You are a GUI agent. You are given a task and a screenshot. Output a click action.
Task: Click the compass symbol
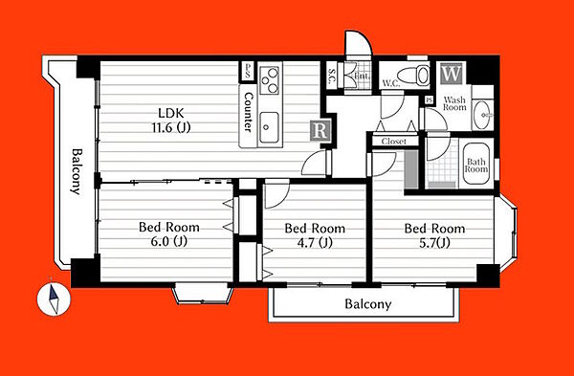(x=54, y=299)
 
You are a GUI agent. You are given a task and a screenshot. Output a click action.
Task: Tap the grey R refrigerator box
(x=320, y=130)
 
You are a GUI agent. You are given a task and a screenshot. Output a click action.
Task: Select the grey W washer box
(x=451, y=75)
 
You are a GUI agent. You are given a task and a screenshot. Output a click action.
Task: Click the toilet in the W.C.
(x=413, y=76)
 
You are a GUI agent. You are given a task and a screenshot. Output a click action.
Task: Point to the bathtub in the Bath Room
(x=475, y=164)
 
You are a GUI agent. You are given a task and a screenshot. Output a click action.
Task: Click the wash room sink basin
(x=482, y=115)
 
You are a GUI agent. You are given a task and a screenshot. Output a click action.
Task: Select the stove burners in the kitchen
(x=270, y=80)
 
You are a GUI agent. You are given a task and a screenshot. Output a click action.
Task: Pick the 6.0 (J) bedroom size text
(x=168, y=242)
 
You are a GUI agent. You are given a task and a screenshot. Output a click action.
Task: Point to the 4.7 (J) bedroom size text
(x=315, y=243)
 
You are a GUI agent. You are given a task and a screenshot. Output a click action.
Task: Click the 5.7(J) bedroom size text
(x=434, y=243)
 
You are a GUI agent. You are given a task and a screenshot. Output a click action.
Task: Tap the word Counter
(x=249, y=112)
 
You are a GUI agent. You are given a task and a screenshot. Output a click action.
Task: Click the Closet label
(x=394, y=142)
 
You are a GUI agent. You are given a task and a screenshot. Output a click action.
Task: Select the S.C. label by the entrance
(x=331, y=77)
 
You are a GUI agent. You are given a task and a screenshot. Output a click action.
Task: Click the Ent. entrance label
(x=362, y=77)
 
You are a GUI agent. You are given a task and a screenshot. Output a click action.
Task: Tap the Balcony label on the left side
(x=77, y=171)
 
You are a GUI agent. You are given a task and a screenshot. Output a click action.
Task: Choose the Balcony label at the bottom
(x=368, y=304)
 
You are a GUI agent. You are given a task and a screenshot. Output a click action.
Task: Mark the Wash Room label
(x=454, y=103)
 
